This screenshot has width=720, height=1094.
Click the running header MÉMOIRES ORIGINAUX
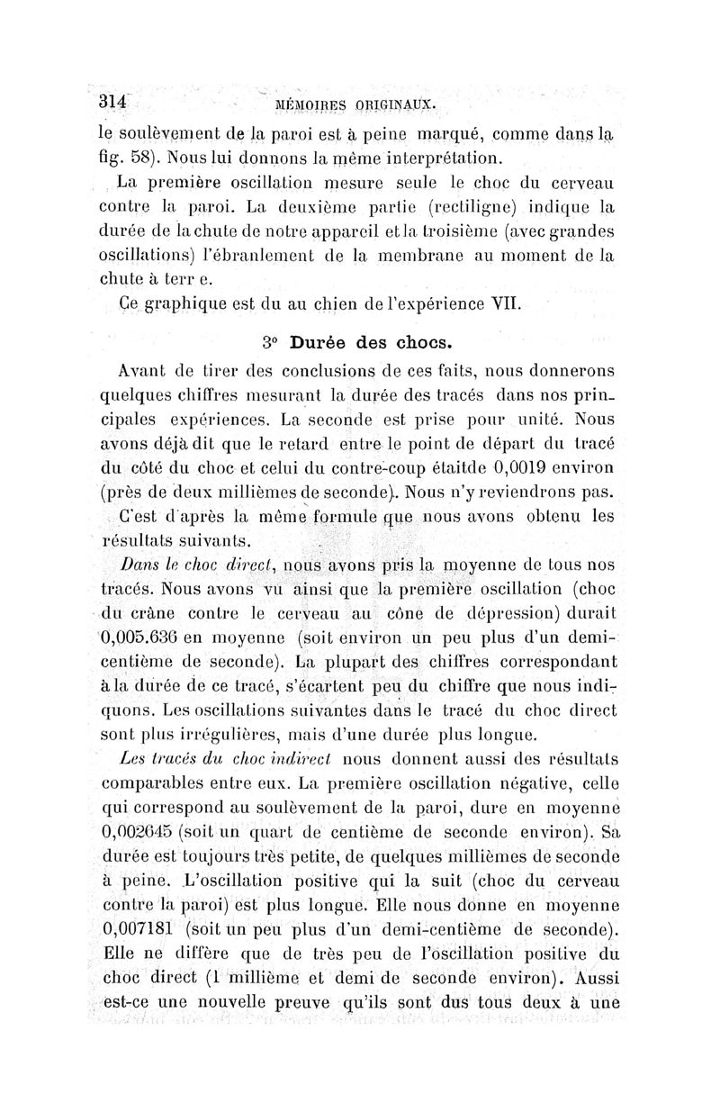(x=355, y=104)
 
